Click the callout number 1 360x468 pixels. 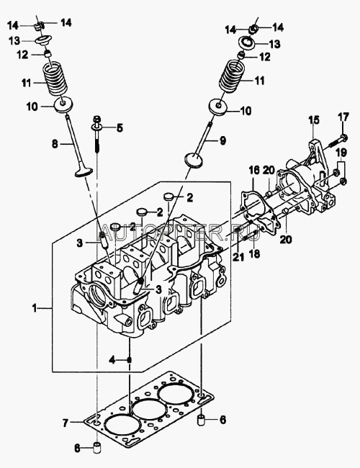(x=35, y=307)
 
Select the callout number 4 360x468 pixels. (x=112, y=360)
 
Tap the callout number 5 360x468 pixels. (x=120, y=128)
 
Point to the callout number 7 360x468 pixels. (x=66, y=422)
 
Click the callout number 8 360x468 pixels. (x=55, y=144)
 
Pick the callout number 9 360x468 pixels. (x=222, y=140)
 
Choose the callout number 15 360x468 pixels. (x=314, y=120)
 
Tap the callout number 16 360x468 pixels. (x=254, y=171)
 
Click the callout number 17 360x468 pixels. (x=343, y=117)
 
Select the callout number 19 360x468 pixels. (x=342, y=153)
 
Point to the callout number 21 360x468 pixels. (x=238, y=257)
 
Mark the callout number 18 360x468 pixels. (x=255, y=253)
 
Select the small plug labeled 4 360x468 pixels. (x=130, y=360)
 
